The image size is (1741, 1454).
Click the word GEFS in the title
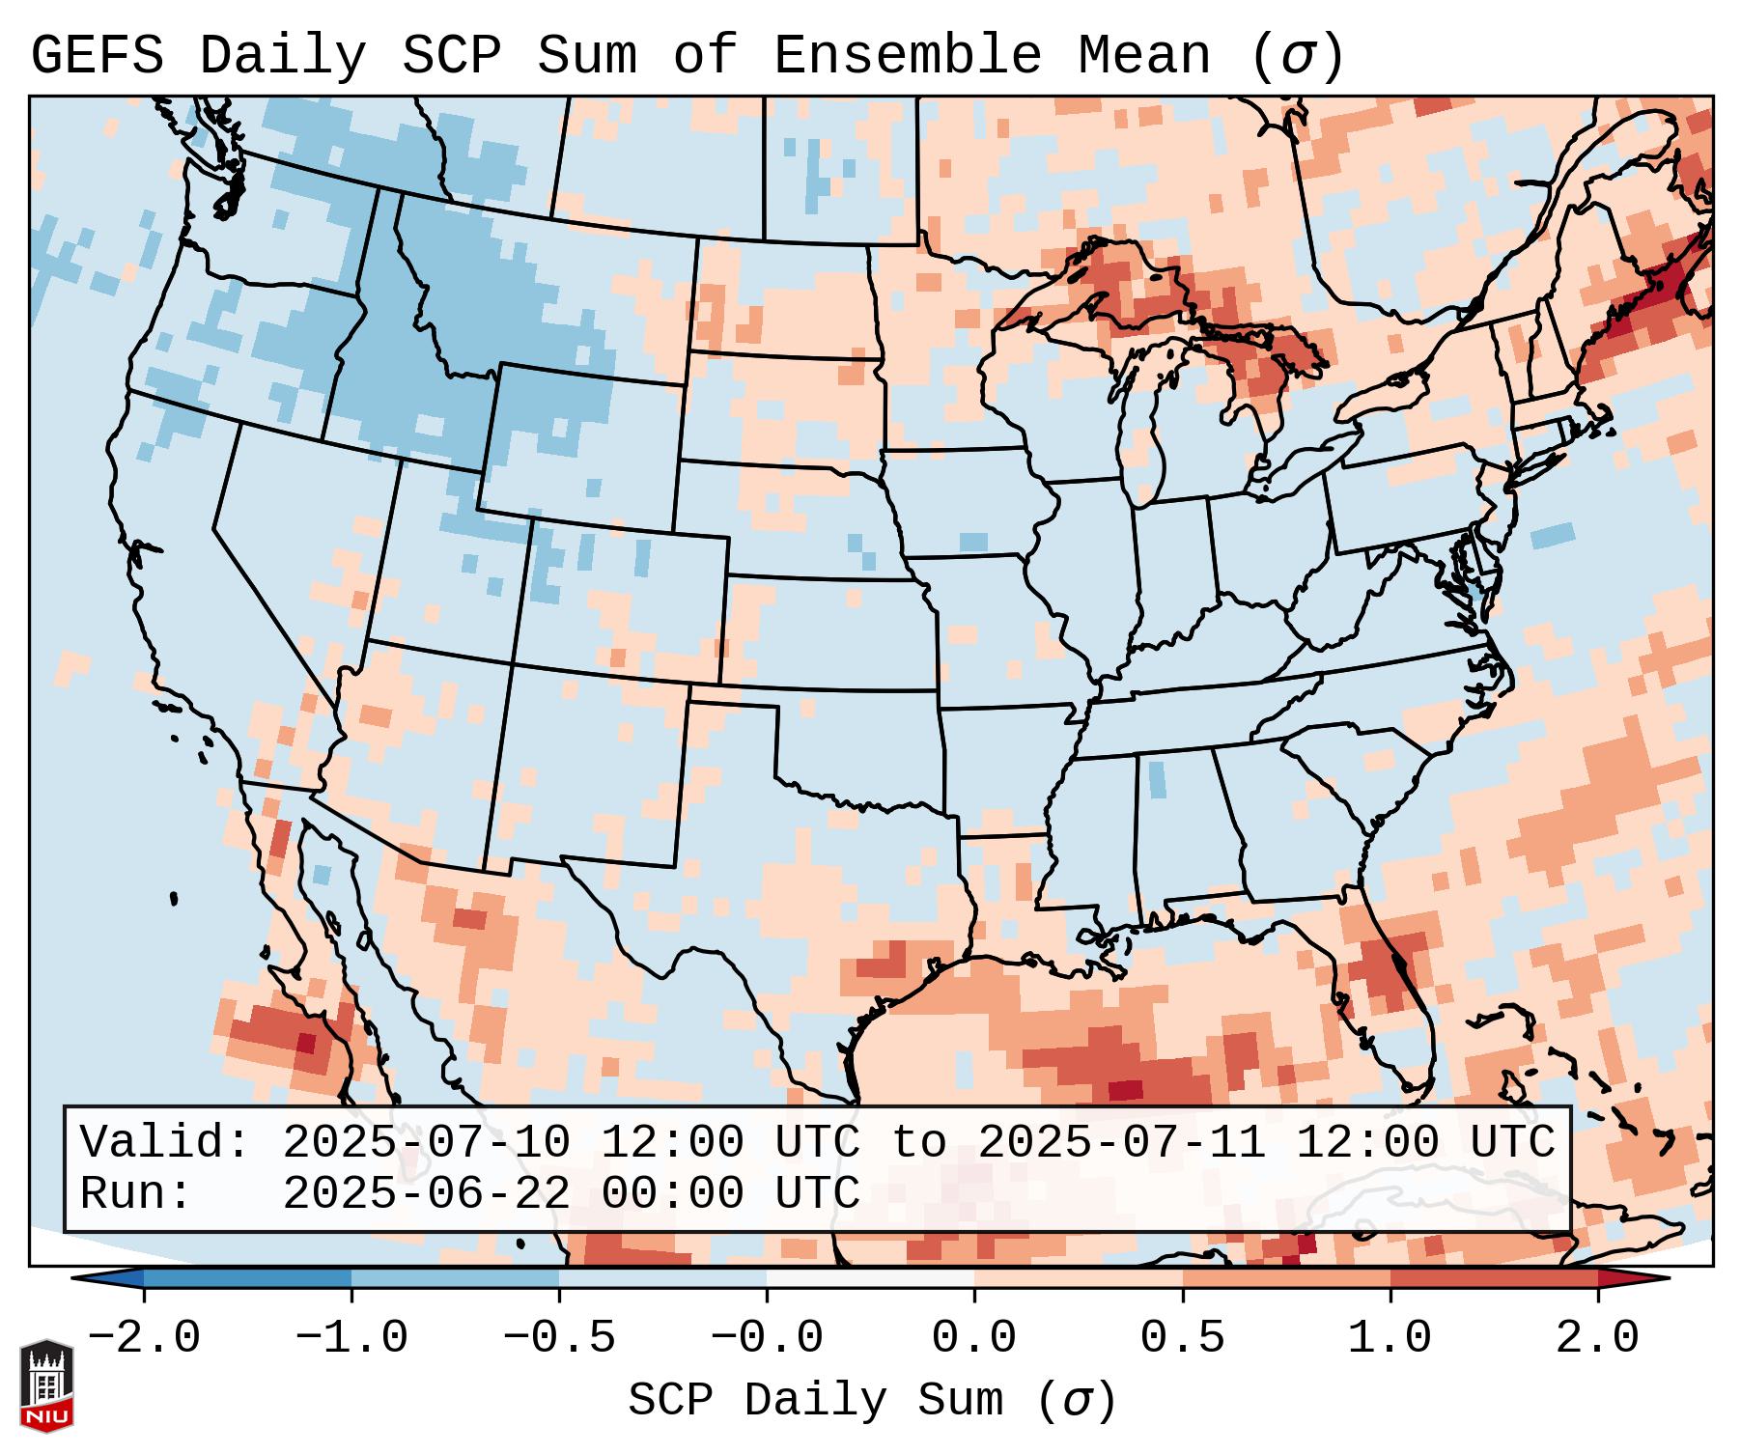pyautogui.click(x=97, y=56)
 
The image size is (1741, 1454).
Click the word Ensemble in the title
pyautogui.click(x=907, y=56)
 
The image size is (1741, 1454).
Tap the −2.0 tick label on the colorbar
pyautogui.click(x=144, y=1338)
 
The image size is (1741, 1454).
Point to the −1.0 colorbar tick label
pyautogui.click(x=351, y=1338)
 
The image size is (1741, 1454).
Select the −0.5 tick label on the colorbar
pyautogui.click(x=559, y=1338)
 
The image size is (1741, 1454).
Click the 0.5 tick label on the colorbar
pyautogui.click(x=1182, y=1338)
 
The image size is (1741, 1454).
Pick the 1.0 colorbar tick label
pyautogui.click(x=1390, y=1338)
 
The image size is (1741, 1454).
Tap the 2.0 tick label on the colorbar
pyautogui.click(x=1597, y=1338)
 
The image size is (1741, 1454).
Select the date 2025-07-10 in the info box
pyautogui.click(x=427, y=1143)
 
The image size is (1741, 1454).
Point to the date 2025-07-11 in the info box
pyautogui.click(x=1122, y=1143)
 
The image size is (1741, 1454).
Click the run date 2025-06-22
pyautogui.click(x=427, y=1194)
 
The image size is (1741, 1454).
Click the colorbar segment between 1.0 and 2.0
pyautogui.click(x=1494, y=1278)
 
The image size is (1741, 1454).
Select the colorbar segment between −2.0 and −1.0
pyautogui.click(x=247, y=1278)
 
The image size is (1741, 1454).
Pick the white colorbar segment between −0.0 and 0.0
pyautogui.click(x=870, y=1278)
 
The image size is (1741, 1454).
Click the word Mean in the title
pyautogui.click(x=1143, y=56)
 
